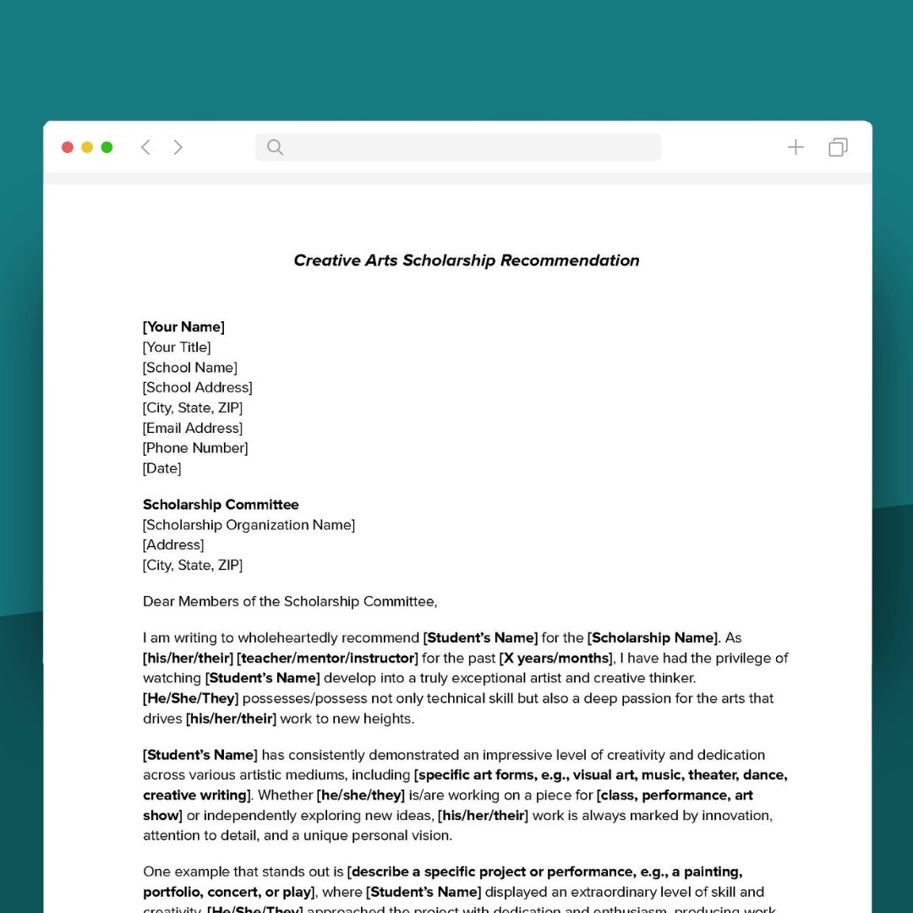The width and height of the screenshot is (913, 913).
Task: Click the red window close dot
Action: (x=68, y=147)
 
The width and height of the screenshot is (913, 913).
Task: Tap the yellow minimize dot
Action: (x=87, y=147)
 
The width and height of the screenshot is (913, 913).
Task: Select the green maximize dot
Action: (x=107, y=147)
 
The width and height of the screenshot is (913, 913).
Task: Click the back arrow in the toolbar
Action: (x=145, y=147)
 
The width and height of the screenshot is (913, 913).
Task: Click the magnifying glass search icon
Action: (x=275, y=147)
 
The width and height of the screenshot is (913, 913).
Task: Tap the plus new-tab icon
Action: (x=795, y=147)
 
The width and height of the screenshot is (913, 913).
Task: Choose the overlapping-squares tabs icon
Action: (x=838, y=147)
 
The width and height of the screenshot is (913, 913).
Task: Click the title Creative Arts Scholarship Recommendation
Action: (x=466, y=260)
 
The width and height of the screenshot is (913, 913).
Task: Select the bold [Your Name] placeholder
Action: (x=183, y=327)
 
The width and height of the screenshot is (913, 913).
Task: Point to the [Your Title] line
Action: (x=177, y=347)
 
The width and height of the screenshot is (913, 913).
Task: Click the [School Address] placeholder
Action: (x=197, y=388)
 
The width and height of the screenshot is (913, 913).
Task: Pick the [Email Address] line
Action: (x=193, y=429)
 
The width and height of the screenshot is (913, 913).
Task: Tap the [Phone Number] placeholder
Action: (x=195, y=448)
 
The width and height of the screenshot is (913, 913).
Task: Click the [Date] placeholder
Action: (x=161, y=468)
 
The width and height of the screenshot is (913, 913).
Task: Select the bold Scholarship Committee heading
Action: (x=221, y=505)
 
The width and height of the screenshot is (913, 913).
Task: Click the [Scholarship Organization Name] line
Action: (x=249, y=525)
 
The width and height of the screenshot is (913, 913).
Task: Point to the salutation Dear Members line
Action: (x=290, y=602)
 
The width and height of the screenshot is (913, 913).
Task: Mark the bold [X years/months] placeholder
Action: (x=555, y=659)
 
